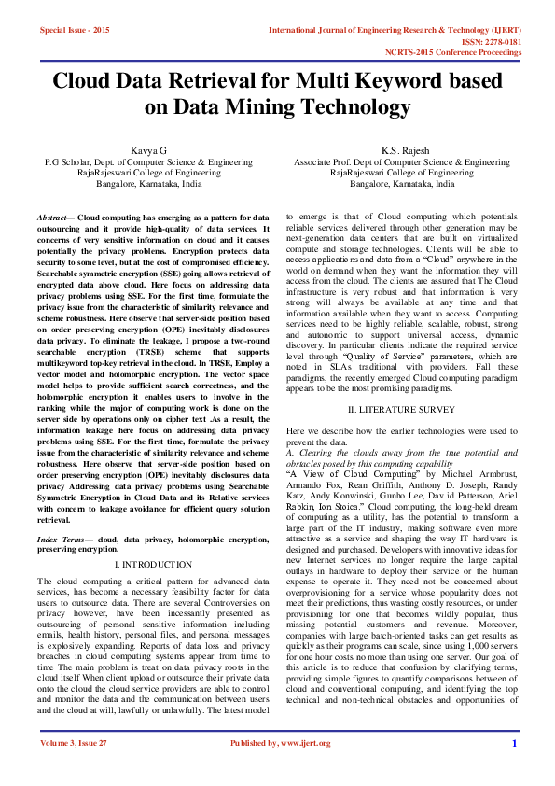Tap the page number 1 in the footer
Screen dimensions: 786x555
(514, 769)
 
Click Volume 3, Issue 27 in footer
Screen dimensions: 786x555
(74, 769)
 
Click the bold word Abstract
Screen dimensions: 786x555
(55, 217)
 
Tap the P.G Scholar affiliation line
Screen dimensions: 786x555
(149, 161)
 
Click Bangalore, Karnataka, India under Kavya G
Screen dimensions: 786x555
(149, 184)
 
